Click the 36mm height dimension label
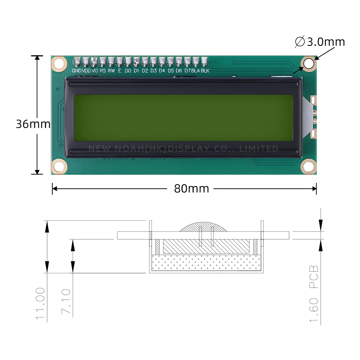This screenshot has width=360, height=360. [x=33, y=124]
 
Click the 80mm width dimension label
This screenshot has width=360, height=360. [x=192, y=188]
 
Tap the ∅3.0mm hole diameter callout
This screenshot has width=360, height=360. [x=320, y=42]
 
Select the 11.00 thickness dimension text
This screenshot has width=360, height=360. [x=41, y=303]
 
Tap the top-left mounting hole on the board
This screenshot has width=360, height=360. [x=59, y=64]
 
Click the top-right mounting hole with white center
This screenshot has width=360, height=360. [x=309, y=63]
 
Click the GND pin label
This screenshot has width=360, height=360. [x=77, y=71]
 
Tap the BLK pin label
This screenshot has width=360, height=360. [x=205, y=71]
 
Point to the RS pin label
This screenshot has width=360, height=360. [x=103, y=71]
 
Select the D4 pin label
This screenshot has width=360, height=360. [x=162, y=71]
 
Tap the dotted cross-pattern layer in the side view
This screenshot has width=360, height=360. [x=206, y=263]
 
